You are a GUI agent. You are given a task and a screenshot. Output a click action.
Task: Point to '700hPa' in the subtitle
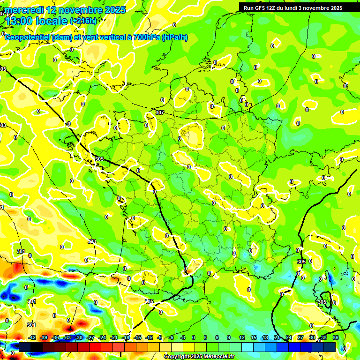(x=145, y=37)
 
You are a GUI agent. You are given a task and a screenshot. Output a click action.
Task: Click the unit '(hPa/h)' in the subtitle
(x=174, y=37)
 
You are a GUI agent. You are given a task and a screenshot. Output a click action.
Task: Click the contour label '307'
(x=160, y=112)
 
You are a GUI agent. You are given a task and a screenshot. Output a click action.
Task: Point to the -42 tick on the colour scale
(x=32, y=337)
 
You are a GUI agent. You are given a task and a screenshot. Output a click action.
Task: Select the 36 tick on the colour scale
(x=336, y=337)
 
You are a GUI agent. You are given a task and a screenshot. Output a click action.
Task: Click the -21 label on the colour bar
(x=114, y=337)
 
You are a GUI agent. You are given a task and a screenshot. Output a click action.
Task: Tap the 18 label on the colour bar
(x=265, y=337)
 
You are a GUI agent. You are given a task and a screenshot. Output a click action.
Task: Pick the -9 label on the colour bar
(x=160, y=337)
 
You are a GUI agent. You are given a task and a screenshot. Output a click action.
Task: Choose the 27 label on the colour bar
(x=300, y=337)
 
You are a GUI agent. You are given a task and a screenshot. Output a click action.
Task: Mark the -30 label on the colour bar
(x=79, y=337)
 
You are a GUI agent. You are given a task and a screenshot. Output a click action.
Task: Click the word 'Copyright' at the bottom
(x=177, y=357)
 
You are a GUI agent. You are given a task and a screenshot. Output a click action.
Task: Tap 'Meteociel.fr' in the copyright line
(x=218, y=357)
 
